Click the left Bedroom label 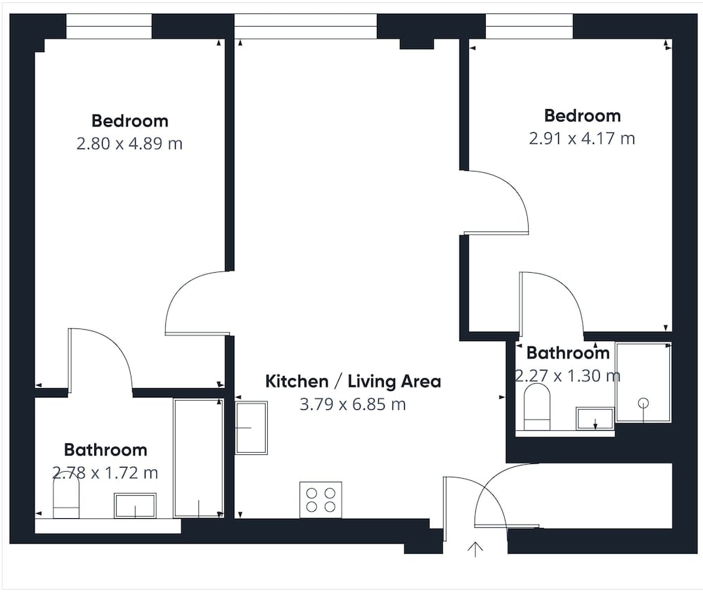(x=130, y=121)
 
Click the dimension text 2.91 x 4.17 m (x=582, y=139)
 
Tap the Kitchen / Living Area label (x=354, y=382)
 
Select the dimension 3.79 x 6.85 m (x=353, y=404)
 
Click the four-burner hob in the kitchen (x=321, y=500)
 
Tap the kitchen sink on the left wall (x=252, y=427)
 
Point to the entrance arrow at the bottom (x=475, y=549)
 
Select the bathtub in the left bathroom (x=199, y=458)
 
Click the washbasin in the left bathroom (x=135, y=506)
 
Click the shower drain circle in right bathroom (x=644, y=403)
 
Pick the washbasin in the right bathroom (x=595, y=418)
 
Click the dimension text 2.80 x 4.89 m (x=129, y=144)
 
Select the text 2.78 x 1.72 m (x=105, y=472)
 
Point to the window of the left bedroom (x=109, y=26)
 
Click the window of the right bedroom (x=529, y=26)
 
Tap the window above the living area (x=306, y=26)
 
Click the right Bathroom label (x=568, y=353)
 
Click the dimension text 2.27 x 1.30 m (x=567, y=376)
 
